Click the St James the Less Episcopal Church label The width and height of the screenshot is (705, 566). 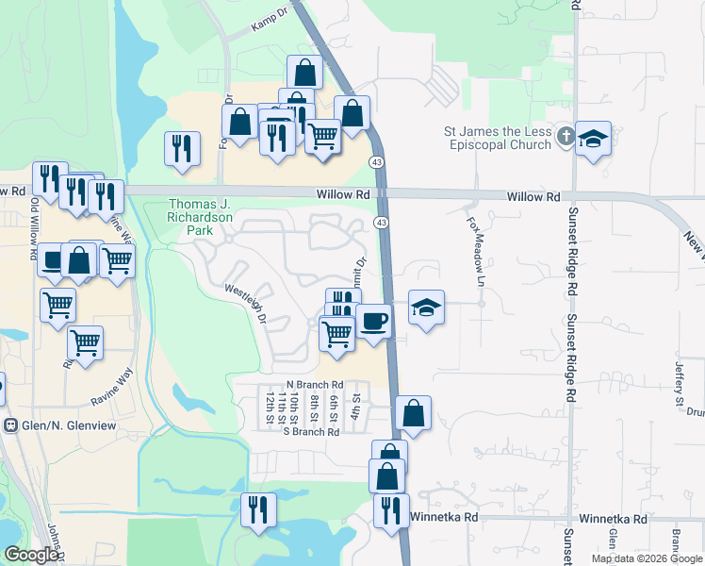tap(499, 138)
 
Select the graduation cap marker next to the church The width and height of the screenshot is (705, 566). tap(594, 139)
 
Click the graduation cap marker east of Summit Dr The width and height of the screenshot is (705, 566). tap(426, 308)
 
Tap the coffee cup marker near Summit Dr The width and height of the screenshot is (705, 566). tap(373, 321)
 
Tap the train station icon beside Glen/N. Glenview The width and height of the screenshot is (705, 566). tap(10, 425)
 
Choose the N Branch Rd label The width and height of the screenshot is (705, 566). tap(315, 385)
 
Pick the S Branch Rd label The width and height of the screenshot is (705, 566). tap(311, 432)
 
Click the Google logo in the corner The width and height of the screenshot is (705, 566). tap(31, 555)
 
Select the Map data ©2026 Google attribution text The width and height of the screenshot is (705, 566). tap(646, 558)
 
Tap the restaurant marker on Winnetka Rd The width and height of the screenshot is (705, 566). tap(388, 509)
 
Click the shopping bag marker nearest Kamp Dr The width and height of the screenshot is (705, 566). tap(304, 72)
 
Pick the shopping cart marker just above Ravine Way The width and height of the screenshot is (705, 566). tap(86, 342)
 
